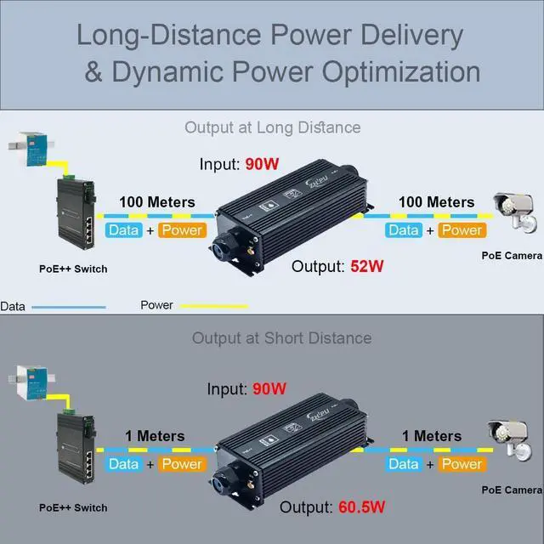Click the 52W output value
click(x=367, y=266)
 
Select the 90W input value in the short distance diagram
click(x=269, y=389)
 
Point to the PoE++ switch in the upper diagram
click(x=74, y=209)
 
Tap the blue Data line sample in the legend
click(x=68, y=306)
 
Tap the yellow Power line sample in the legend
click(x=213, y=306)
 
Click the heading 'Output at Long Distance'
click(x=273, y=127)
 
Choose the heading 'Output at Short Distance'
click(x=281, y=337)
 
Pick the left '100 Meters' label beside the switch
click(x=156, y=202)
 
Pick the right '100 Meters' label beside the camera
click(x=437, y=202)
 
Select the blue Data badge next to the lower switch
click(x=123, y=464)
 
